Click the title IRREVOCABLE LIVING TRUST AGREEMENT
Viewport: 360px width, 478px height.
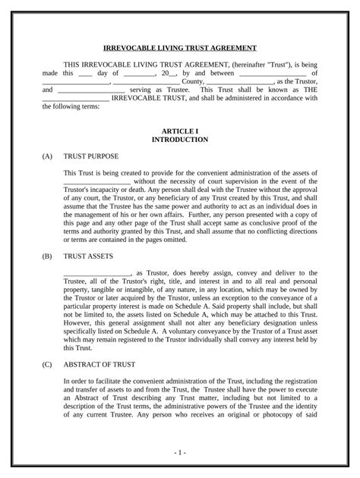tap(179, 47)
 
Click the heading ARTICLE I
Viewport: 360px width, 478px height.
tap(179, 132)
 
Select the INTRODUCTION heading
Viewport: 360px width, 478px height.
tap(179, 141)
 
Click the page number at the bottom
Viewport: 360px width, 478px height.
tap(179, 452)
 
